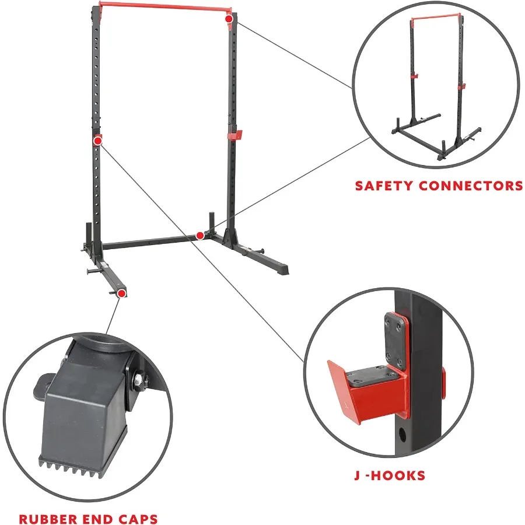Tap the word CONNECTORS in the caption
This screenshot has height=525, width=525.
[x=475, y=186]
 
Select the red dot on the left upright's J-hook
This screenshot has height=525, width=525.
[x=97, y=140]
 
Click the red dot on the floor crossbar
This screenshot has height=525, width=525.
[x=200, y=236]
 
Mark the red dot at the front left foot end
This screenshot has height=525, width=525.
[x=121, y=293]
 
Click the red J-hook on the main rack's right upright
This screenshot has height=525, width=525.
[x=235, y=135]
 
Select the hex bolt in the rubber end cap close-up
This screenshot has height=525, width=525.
[x=135, y=380]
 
